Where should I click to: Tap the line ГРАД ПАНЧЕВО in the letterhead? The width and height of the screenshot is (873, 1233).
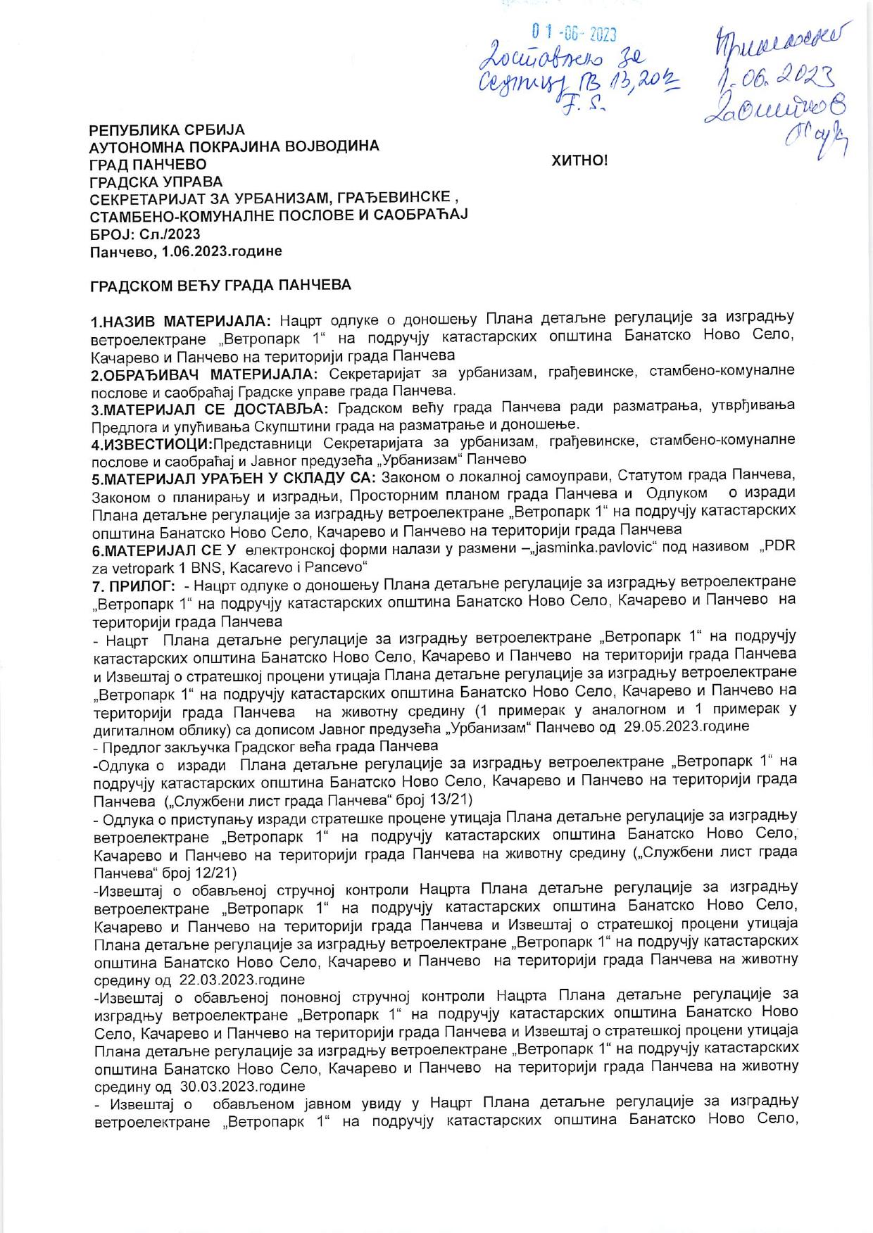[x=148, y=164]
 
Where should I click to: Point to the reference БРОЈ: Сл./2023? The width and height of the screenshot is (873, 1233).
[x=145, y=233]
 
